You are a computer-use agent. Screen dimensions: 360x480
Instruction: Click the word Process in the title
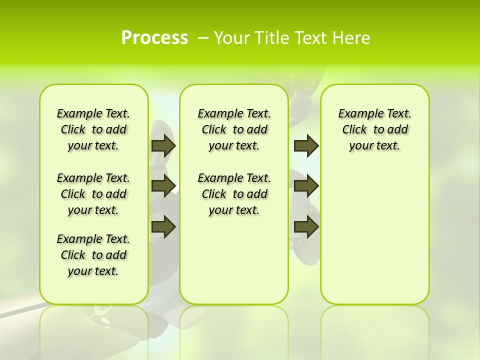(x=154, y=38)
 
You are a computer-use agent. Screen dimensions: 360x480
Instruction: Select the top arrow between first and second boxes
(x=163, y=145)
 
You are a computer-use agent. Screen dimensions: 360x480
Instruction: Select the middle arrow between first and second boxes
(x=163, y=186)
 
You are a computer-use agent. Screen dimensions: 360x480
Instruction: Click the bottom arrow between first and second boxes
(x=163, y=226)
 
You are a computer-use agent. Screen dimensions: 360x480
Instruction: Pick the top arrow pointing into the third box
(x=306, y=145)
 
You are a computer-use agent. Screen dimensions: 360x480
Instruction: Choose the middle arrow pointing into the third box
(x=306, y=186)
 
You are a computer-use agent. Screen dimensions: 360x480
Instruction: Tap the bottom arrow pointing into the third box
(x=306, y=226)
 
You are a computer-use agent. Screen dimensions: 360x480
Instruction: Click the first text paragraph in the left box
(x=93, y=129)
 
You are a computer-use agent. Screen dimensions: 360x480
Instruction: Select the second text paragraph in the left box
(x=93, y=194)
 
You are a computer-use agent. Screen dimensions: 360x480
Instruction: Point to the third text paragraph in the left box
(x=93, y=255)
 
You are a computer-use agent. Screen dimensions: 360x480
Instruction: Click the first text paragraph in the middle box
(x=234, y=129)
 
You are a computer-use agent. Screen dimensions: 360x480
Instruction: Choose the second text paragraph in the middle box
(x=234, y=194)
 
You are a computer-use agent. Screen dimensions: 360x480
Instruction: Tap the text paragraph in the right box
(x=374, y=129)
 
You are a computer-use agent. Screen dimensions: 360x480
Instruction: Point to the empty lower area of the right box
(x=374, y=235)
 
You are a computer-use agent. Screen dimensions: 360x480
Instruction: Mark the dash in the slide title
(x=203, y=38)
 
